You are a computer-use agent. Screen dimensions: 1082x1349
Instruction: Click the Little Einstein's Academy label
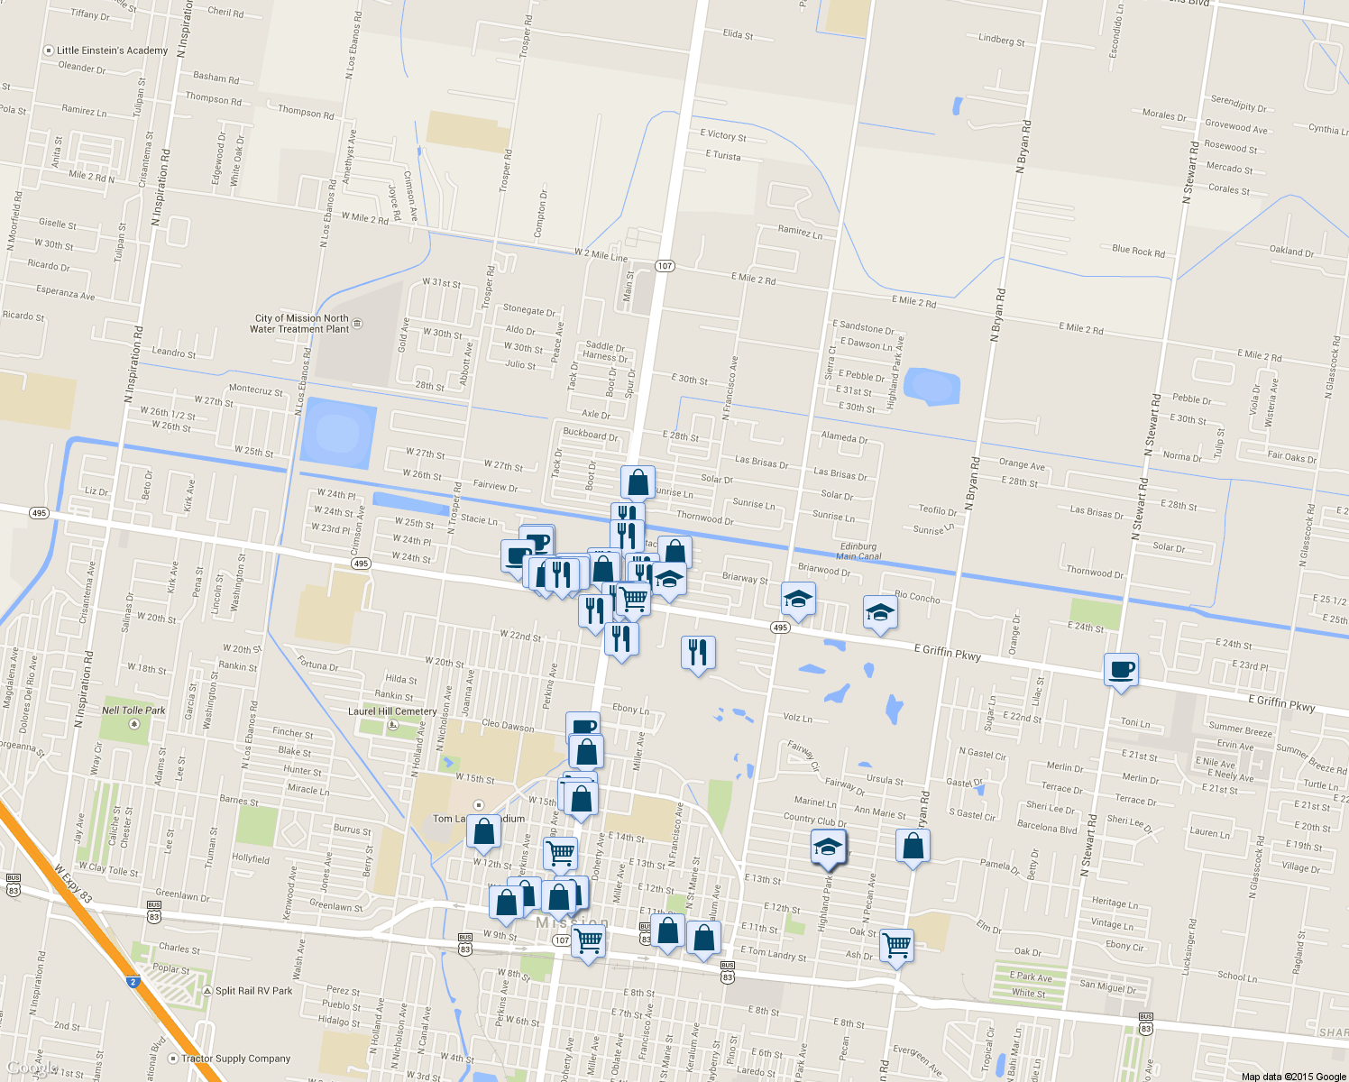[112, 50]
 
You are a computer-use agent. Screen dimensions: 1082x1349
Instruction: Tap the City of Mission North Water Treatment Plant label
[299, 324]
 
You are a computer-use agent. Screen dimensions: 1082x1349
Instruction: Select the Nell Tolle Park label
[133, 711]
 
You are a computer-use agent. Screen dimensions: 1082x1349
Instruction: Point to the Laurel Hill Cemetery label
[392, 711]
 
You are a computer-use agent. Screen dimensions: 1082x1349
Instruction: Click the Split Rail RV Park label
[253, 991]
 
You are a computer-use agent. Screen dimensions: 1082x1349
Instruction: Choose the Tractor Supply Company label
[235, 1059]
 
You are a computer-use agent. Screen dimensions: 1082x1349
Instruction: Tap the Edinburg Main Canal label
[858, 551]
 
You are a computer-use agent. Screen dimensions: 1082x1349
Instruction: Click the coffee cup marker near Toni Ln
[1121, 670]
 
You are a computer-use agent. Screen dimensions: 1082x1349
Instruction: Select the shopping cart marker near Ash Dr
[896, 946]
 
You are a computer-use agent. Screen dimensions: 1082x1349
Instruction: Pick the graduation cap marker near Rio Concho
[880, 613]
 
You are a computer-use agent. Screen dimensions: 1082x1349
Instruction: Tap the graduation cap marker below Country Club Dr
[828, 848]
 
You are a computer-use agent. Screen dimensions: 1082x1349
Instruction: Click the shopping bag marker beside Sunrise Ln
[638, 483]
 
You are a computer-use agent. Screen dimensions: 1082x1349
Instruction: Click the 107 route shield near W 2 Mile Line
[665, 265]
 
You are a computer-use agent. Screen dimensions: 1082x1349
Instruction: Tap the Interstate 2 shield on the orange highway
[133, 981]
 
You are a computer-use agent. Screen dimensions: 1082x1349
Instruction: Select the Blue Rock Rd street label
[1138, 251]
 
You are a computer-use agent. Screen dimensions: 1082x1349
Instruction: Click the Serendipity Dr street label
[1238, 104]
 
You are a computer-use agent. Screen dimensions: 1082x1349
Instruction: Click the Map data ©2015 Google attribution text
[1293, 1077]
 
